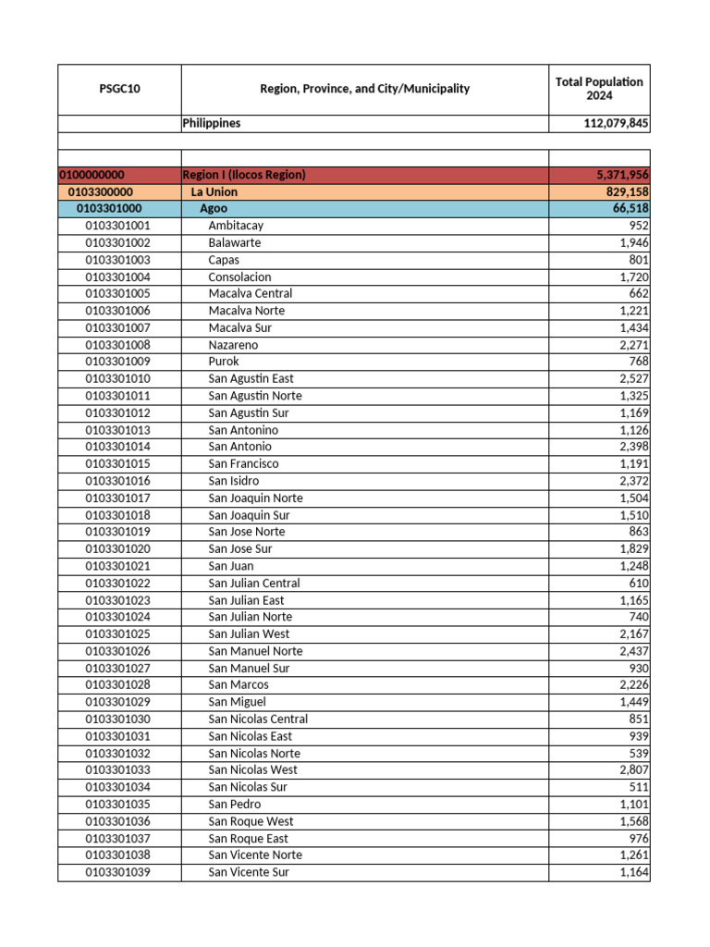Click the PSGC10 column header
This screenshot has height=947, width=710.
119,89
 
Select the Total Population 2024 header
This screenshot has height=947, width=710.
599,89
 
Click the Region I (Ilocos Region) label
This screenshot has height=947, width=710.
244,175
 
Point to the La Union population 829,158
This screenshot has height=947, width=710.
624,191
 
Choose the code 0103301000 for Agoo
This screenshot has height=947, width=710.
109,209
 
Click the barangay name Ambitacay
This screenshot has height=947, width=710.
236,226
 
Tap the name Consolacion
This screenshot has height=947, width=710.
239,277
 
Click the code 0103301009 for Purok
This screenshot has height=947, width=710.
117,362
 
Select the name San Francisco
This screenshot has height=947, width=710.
243,463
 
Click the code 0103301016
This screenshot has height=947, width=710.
117,481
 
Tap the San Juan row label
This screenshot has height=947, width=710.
231,566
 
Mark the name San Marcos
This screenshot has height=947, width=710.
239,684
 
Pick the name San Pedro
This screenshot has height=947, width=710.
235,804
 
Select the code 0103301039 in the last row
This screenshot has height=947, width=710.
117,872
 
